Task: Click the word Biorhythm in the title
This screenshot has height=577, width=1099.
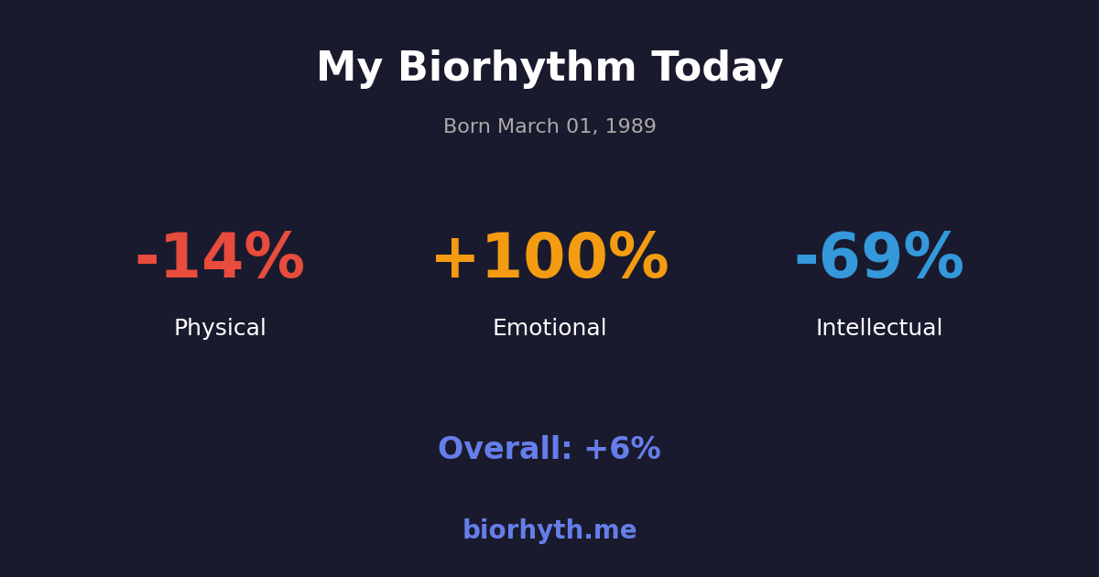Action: tap(517, 70)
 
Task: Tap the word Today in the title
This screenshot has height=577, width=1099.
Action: tap(717, 70)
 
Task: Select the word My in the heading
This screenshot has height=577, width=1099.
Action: tap(349, 70)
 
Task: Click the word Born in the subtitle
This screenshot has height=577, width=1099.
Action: tap(467, 127)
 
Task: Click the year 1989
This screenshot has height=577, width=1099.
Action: tap(631, 127)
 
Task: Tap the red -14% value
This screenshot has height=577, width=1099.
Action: tap(220, 259)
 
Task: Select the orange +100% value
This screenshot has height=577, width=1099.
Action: tap(549, 259)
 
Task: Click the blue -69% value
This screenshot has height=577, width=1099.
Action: tap(879, 259)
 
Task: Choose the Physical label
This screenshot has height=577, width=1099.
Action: tap(220, 329)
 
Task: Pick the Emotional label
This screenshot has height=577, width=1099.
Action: tap(549, 329)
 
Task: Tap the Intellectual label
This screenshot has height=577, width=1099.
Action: tap(879, 329)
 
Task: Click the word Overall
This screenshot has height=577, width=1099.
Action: tap(505, 450)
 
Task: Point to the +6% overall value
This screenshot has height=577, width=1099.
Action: tap(622, 450)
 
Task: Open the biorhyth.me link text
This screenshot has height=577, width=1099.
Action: tap(549, 531)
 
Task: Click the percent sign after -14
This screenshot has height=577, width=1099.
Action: tap(274, 259)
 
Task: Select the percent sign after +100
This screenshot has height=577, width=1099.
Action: tap(638, 259)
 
